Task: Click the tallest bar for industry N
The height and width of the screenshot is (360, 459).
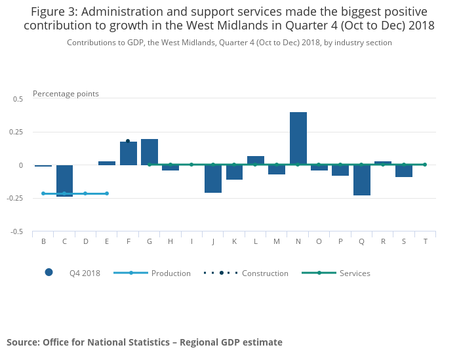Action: [x=298, y=138]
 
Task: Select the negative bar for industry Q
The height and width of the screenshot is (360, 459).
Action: [x=362, y=180]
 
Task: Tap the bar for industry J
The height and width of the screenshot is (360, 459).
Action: [x=213, y=179]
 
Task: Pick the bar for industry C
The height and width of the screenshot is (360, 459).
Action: [x=65, y=180]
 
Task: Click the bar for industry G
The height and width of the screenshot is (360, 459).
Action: [x=150, y=152]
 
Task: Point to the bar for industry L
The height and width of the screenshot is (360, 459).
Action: [x=256, y=161]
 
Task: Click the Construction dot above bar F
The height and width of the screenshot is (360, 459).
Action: [x=128, y=141]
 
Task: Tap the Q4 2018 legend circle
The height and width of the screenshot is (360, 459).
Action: [x=49, y=273]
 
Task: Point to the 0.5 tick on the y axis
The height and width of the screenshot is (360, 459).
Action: [x=18, y=99]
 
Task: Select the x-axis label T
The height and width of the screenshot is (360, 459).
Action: [x=426, y=241]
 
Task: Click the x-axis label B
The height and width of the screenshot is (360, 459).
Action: [x=43, y=241]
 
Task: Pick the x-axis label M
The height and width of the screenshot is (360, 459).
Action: [x=277, y=241]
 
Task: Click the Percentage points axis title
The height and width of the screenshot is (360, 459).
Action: [x=66, y=94]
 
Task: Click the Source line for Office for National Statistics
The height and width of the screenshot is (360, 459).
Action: [x=144, y=342]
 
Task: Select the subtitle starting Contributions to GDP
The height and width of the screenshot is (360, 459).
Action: [x=229, y=43]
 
